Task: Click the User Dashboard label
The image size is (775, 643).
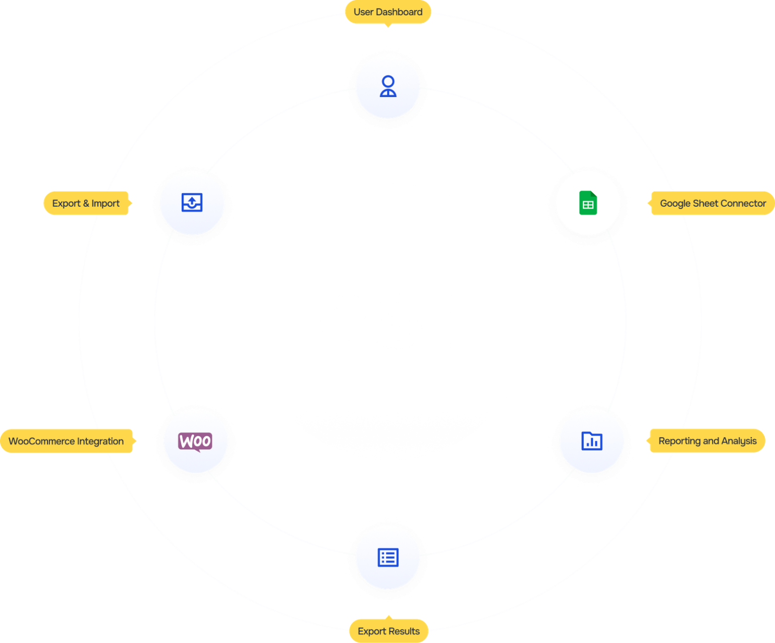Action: click(387, 12)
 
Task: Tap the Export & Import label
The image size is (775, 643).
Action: click(86, 203)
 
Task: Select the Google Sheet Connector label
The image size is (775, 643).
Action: click(712, 203)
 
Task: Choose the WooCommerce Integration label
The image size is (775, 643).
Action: click(66, 441)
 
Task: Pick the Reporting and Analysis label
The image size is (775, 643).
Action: click(707, 441)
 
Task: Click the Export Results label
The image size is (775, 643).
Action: click(389, 631)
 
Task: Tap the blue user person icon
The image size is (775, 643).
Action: click(388, 86)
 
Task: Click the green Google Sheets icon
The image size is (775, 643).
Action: click(588, 203)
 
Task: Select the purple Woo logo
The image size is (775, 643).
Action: click(195, 441)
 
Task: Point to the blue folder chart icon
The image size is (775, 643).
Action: click(591, 441)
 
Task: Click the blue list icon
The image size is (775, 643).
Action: click(388, 557)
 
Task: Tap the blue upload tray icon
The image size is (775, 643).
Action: click(192, 202)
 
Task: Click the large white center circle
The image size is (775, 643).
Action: click(390, 321)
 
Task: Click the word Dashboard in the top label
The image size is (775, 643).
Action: click(399, 12)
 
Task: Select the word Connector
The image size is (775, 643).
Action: click(743, 203)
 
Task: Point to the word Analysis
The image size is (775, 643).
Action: click(739, 441)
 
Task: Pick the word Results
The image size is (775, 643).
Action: click(403, 631)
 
